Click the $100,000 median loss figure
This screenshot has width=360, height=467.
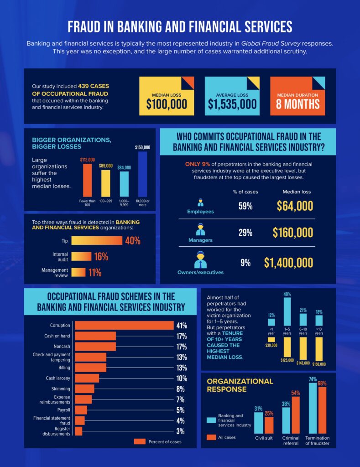[x=167, y=104]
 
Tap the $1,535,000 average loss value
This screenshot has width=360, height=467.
[x=232, y=104]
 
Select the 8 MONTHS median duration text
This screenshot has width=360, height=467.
[x=297, y=104]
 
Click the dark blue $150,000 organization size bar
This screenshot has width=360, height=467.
[x=142, y=174]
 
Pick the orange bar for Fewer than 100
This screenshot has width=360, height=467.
[x=87, y=180]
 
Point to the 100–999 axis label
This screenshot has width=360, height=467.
[x=106, y=201]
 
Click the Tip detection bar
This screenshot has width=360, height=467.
[x=97, y=241]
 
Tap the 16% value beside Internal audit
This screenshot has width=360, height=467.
[x=101, y=257]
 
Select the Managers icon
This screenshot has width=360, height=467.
[x=200, y=230]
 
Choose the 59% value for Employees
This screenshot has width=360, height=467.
[x=245, y=206]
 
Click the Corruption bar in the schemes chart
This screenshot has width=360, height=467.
[x=124, y=325]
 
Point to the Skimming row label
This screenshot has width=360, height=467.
[x=61, y=389]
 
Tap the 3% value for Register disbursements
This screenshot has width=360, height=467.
[x=180, y=431]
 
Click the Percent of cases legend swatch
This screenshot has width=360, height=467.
[x=140, y=441]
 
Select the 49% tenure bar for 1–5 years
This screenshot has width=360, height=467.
[x=287, y=311]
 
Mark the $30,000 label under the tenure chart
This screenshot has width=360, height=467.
[x=271, y=345]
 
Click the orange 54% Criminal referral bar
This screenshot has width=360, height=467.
[x=296, y=415]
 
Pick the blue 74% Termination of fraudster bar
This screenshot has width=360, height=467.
[x=313, y=408]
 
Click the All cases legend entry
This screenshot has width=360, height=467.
[x=221, y=437]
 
